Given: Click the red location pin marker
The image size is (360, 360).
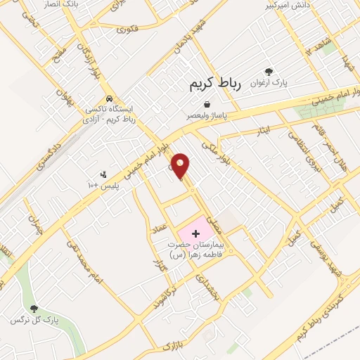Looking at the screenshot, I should [x=181, y=166].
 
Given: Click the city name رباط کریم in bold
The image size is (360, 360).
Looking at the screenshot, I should [x=215, y=84].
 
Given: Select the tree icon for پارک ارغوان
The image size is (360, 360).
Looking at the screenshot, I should [x=268, y=71].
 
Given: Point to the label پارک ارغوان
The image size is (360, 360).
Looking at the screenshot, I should [x=268, y=83].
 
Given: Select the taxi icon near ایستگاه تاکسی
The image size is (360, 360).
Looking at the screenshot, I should [x=109, y=98].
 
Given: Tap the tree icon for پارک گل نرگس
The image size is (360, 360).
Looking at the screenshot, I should [x=33, y=309].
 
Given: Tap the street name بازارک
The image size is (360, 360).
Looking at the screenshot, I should [x=172, y=346].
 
